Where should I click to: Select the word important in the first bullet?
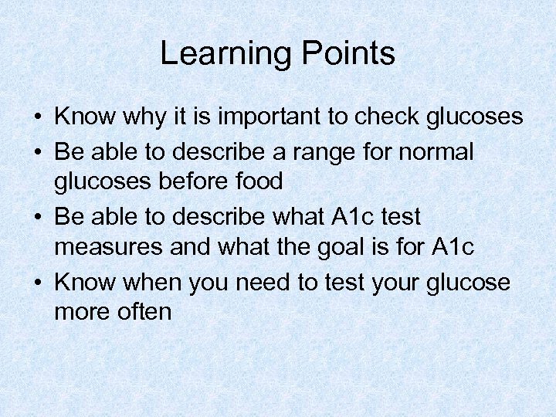pos(256,117)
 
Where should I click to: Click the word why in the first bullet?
pos(147,117)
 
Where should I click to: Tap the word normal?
pos(436,151)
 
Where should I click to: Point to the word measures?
pos(108,248)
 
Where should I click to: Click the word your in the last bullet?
pos(390,283)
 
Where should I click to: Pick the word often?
pos(145,312)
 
